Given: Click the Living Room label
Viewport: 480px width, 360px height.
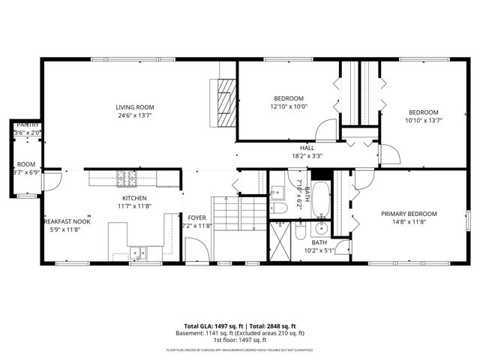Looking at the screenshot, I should click(135, 106).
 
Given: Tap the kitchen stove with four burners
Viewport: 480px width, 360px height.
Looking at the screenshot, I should click(126, 178).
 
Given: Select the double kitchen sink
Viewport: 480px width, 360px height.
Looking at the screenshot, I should click(138, 253).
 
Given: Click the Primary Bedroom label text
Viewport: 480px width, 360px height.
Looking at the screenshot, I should click(408, 214).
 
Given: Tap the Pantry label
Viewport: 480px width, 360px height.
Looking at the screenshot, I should click(28, 124).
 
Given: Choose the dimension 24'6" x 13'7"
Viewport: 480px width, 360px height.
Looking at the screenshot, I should click(135, 115).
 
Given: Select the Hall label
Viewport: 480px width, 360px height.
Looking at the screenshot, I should click(307, 148).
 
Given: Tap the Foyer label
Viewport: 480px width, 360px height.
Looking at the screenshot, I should click(196, 217).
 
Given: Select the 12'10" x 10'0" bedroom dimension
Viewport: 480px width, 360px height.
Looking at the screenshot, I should click(289, 106).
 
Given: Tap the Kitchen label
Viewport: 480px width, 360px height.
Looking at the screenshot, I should click(135, 198).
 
